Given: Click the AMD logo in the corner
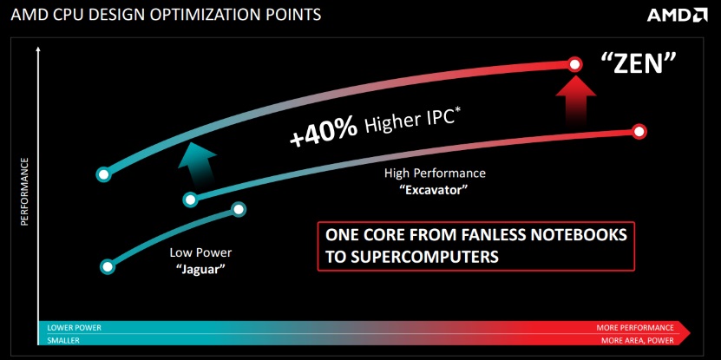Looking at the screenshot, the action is (x=677, y=15).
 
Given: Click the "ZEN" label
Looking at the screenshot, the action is (x=639, y=63).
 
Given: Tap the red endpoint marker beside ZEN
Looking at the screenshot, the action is (x=574, y=64).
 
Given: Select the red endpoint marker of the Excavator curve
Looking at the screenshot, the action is (x=639, y=132).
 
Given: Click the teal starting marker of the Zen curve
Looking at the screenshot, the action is (x=104, y=174).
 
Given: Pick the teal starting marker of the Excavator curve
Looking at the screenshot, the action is (x=190, y=200).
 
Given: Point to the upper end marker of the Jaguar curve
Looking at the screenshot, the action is (x=239, y=209).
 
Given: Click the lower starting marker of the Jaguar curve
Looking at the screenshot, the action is (x=107, y=266).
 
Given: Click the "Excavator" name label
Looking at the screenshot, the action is (x=435, y=190).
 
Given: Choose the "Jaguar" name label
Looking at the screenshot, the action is (x=200, y=269).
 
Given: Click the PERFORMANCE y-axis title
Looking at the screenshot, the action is (x=25, y=192).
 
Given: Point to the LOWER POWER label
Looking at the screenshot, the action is (x=74, y=328).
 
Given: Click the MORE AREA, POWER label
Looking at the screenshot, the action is (x=638, y=341).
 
